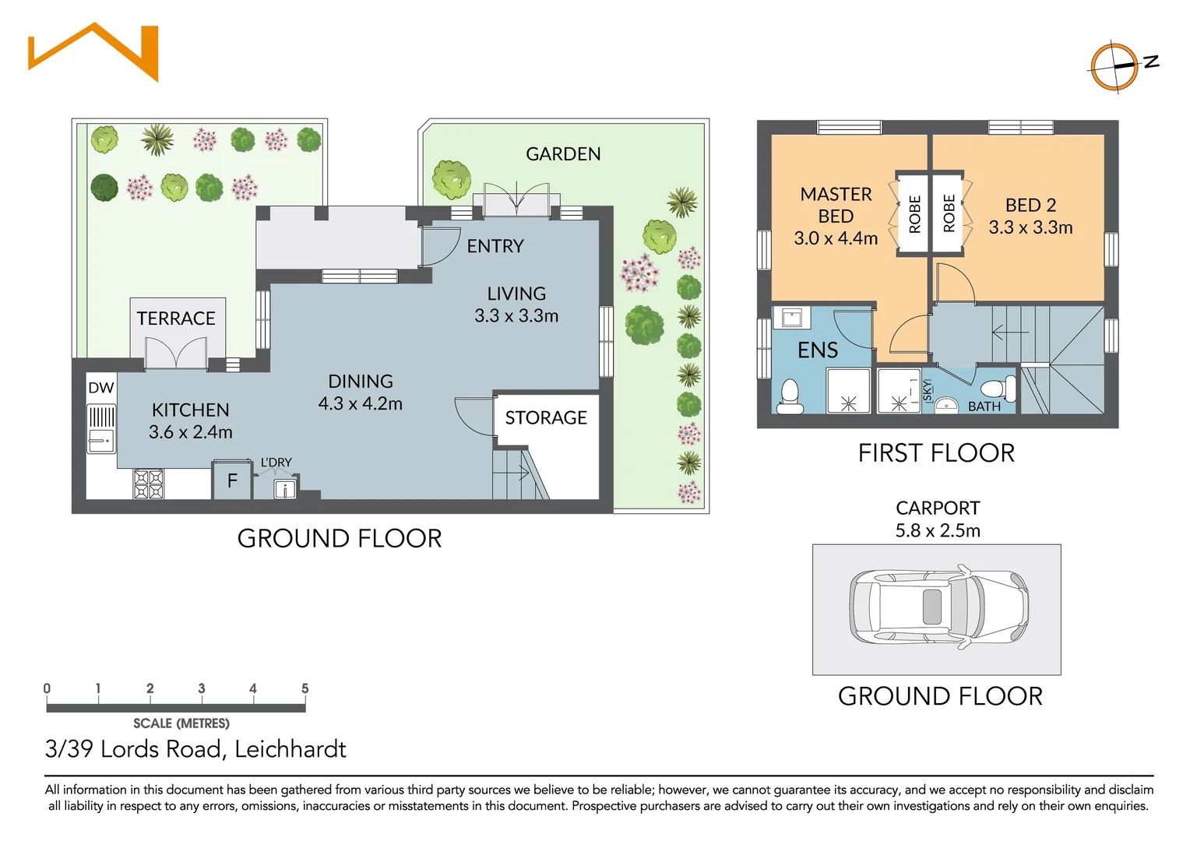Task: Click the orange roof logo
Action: coord(93,52)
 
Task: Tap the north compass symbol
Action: coord(1115,68)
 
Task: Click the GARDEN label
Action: coord(563,154)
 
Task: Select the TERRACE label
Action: coord(176,318)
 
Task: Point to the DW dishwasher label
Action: coord(101,388)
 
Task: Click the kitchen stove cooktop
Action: coord(148,484)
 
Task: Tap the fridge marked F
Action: coord(232,481)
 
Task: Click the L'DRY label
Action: coord(276,463)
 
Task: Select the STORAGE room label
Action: coord(546,418)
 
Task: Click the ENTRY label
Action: coord(495,246)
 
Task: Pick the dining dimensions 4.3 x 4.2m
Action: coord(360,404)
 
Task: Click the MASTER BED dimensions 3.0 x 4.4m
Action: coord(836,238)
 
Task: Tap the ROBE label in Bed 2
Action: coord(949,213)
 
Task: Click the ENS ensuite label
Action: coord(818,350)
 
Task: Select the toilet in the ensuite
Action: coord(790,396)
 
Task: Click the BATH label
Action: coord(984,406)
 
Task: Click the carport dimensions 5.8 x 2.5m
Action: coord(938,531)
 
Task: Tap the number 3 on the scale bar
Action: coord(202,688)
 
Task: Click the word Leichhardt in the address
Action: coord(290,749)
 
